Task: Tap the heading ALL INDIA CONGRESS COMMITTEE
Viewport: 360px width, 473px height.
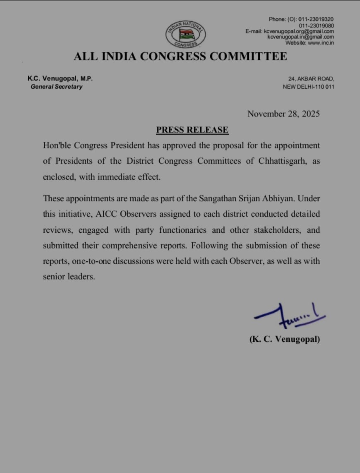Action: coord(180,57)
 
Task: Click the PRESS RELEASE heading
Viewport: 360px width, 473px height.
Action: coord(192,130)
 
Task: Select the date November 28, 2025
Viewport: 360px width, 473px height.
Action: coord(283,114)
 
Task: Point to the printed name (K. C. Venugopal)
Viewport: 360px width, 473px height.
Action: coord(284,339)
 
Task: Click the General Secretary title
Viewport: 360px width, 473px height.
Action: coord(56,87)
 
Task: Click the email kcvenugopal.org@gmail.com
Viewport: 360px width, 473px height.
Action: coord(300,31)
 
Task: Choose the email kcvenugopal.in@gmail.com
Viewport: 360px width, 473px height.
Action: coord(300,37)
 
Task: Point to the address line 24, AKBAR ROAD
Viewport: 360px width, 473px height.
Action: coord(311,79)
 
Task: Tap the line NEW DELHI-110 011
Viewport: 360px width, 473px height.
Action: coord(308,87)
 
